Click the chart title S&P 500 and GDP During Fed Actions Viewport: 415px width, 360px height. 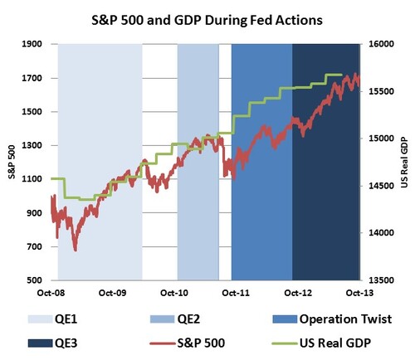tap(207, 17)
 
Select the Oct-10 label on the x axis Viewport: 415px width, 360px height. tap(173, 294)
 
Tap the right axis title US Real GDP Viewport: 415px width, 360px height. tap(405, 163)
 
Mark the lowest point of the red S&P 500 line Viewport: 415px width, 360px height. tap(76, 250)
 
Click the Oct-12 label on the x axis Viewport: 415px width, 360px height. tap(297, 294)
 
